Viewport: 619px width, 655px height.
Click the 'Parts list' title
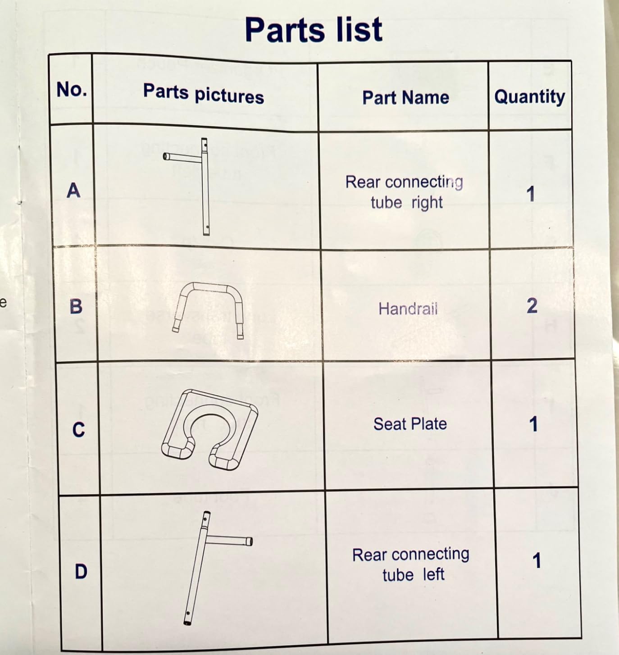click(x=314, y=30)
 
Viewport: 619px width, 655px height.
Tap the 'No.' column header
click(x=72, y=89)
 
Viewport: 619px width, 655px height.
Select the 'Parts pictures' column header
click(x=204, y=94)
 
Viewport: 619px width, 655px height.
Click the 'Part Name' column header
click(x=405, y=98)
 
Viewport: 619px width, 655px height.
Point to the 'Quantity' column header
click(x=530, y=97)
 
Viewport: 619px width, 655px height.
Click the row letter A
click(x=73, y=191)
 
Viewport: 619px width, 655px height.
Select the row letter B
click(x=76, y=306)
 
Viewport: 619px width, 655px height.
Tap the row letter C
click(x=78, y=430)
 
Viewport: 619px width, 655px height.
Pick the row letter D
click(x=81, y=571)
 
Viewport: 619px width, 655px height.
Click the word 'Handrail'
click(x=408, y=309)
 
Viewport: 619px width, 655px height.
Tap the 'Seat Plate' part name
click(x=410, y=424)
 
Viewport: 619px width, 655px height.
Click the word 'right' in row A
click(x=427, y=203)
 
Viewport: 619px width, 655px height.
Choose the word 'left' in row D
click(x=433, y=574)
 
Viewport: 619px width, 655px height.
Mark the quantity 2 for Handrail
click(x=532, y=306)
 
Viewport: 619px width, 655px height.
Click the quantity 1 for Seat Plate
click(x=533, y=424)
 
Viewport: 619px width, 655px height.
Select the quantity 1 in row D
click(x=537, y=561)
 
